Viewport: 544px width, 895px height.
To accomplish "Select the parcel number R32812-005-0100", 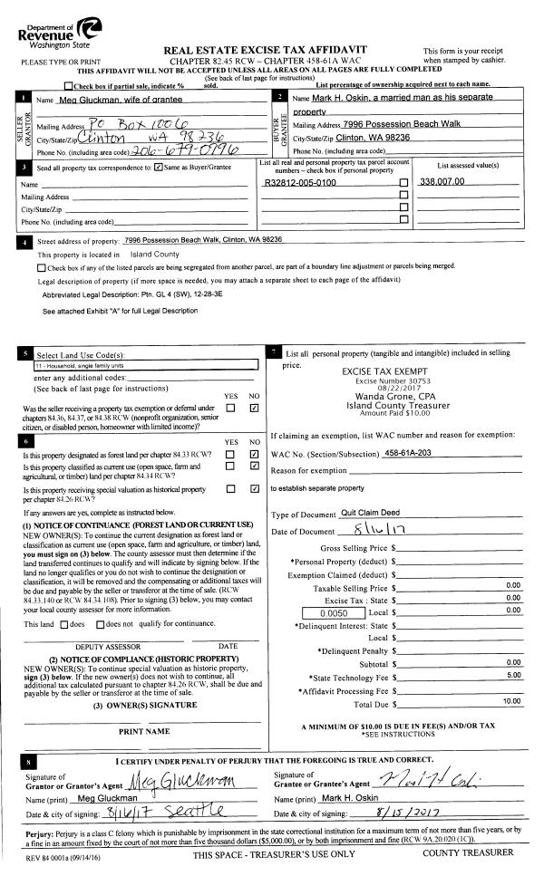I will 300,182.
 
